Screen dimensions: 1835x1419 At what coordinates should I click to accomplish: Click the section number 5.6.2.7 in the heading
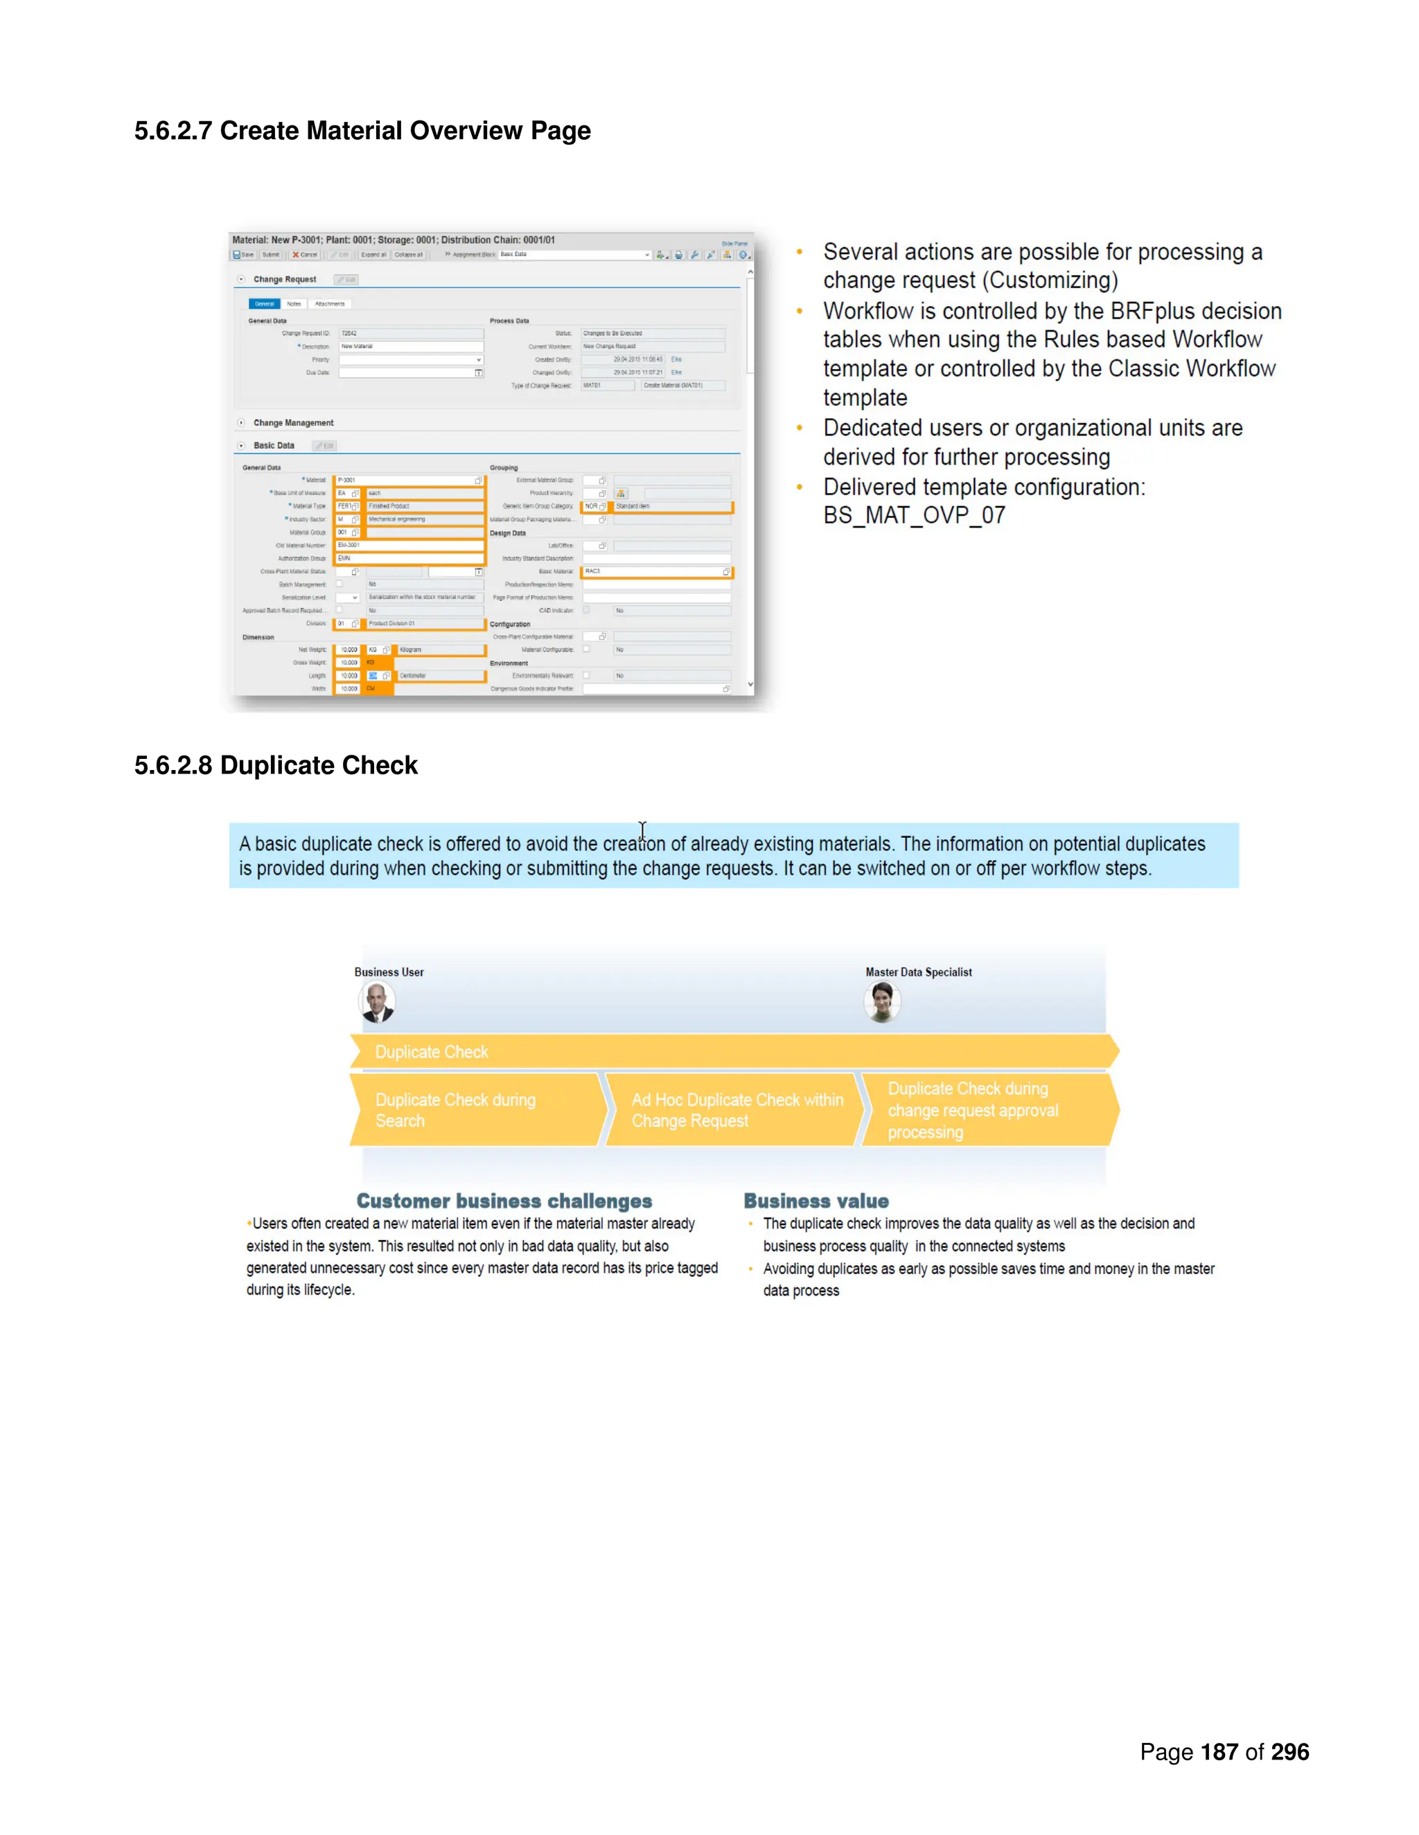pyautogui.click(x=173, y=131)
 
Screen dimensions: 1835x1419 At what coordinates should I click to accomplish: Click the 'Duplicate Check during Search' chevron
pyautogui.click(x=475, y=1110)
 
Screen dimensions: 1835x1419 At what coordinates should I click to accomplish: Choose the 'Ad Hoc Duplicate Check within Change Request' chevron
pyautogui.click(x=733, y=1110)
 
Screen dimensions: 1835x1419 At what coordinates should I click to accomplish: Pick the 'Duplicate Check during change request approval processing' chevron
pyautogui.click(x=988, y=1110)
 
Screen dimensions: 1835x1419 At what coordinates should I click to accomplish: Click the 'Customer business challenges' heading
pyautogui.click(x=504, y=1201)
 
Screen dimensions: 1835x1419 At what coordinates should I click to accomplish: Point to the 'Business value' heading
pyautogui.click(x=816, y=1201)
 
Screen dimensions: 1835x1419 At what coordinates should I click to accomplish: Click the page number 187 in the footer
pyautogui.click(x=1219, y=1752)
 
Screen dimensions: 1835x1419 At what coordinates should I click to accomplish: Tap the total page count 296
pyautogui.click(x=1289, y=1752)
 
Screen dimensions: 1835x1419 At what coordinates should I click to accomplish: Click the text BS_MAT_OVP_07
pyautogui.click(x=914, y=516)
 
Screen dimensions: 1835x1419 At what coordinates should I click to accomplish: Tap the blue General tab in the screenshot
pyautogui.click(x=264, y=304)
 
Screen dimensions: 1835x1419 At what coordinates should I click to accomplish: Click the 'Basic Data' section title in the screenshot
pyautogui.click(x=274, y=445)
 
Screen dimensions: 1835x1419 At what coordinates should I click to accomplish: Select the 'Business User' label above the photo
pyautogui.click(x=389, y=972)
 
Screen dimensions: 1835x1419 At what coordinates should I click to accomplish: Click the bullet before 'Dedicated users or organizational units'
pyautogui.click(x=800, y=429)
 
